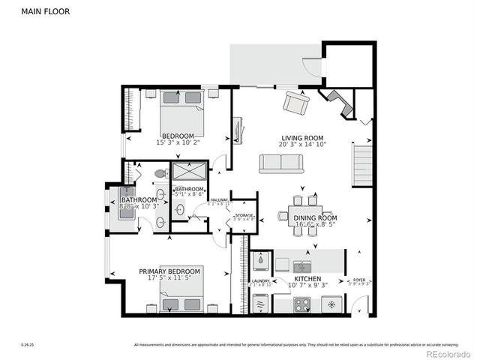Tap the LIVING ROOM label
(x=302, y=138)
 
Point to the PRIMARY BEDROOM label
(x=169, y=271)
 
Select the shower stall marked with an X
(x=188, y=171)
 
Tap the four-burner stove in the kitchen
(x=301, y=304)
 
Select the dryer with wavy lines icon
(x=260, y=304)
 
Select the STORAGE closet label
(x=243, y=215)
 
